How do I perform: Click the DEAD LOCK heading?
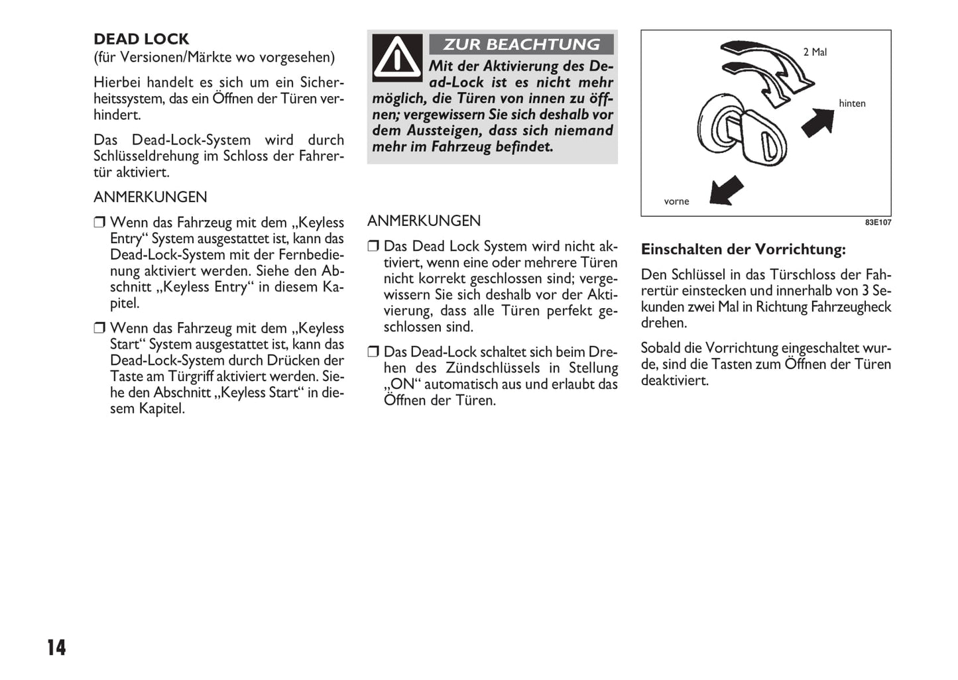tap(141, 39)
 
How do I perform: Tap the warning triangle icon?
tap(396, 58)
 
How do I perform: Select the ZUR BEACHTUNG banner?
tap(521, 44)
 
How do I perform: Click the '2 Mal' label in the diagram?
tap(815, 52)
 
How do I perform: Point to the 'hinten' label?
tap(852, 103)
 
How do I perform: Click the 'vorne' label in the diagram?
tap(676, 201)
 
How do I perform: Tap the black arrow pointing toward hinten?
tap(818, 122)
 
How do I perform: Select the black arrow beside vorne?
tap(726, 190)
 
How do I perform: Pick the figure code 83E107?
tap(878, 223)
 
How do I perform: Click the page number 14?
tap(56, 648)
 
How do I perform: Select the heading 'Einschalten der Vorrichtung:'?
tap(743, 250)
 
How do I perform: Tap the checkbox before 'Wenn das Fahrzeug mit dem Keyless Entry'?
tap(99, 223)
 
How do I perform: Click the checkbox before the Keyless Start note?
tap(99, 328)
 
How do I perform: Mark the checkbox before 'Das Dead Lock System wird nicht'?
tap(373, 247)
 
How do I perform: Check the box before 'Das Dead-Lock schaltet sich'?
tap(373, 352)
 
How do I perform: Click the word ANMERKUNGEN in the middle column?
tap(424, 221)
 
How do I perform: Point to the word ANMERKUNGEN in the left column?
tap(150, 198)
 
